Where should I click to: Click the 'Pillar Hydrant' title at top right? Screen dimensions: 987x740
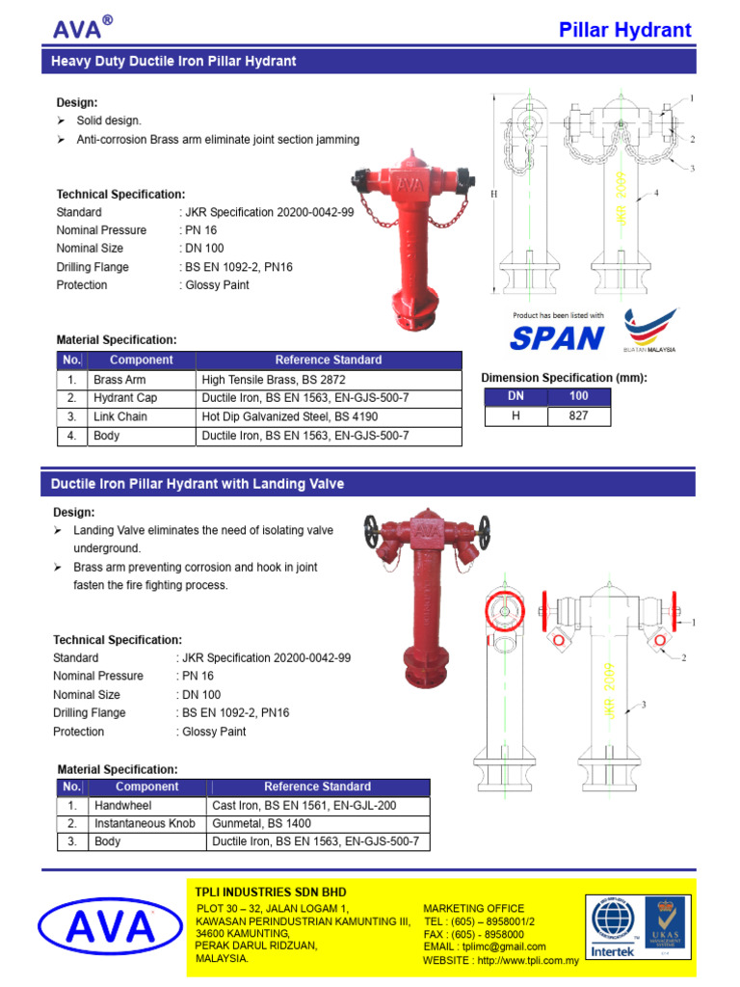(x=625, y=30)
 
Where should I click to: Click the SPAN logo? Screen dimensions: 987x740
(x=557, y=338)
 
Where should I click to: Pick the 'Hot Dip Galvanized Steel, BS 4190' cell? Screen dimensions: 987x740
(x=290, y=417)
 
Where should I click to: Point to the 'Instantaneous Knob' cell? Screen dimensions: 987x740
(x=145, y=824)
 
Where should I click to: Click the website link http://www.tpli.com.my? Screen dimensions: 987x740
(x=527, y=961)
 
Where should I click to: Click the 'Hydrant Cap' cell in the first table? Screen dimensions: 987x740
(x=125, y=398)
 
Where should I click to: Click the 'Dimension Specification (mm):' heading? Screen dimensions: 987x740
(x=564, y=378)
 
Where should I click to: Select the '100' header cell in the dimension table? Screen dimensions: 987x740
(x=578, y=396)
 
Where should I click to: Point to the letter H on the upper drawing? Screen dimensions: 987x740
(x=493, y=194)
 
